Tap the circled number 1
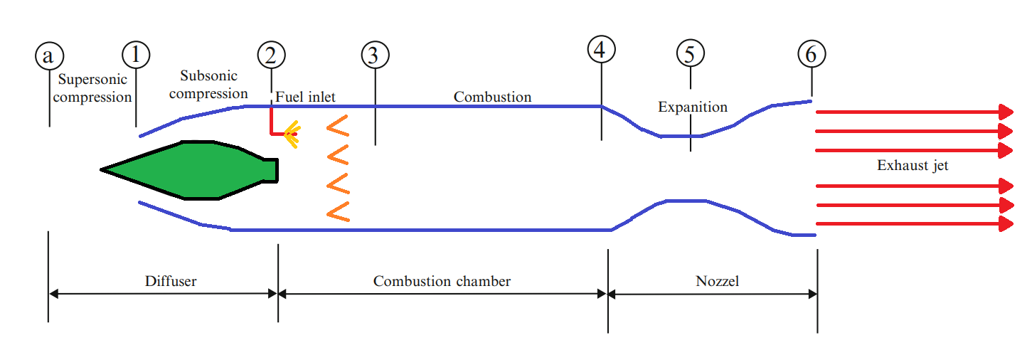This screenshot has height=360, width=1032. point(136,54)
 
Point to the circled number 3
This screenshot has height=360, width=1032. point(375,55)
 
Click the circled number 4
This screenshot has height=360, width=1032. point(601,49)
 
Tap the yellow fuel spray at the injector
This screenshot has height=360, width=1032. point(292,132)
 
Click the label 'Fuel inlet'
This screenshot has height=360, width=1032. point(305,96)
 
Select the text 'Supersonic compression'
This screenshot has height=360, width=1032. point(93,88)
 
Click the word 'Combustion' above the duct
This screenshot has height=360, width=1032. point(492,96)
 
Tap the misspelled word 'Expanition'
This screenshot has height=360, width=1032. point(692,107)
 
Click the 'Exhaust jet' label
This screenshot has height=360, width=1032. point(913,166)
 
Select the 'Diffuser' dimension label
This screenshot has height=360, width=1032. point(171,281)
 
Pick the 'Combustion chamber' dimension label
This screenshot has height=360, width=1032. point(442,281)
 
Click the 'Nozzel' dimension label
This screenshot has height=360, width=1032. point(717,281)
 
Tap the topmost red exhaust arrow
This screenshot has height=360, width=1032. point(914,112)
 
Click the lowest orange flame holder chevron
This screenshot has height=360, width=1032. point(338,211)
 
